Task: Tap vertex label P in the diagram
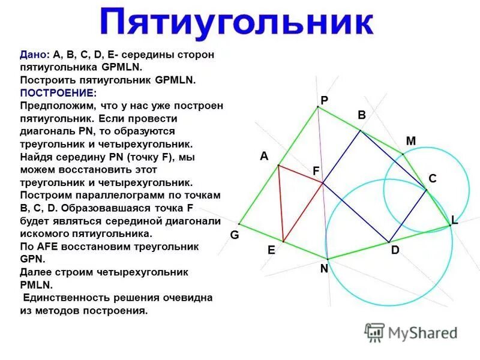pyautogui.click(x=324, y=101)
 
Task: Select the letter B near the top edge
pyautogui.click(x=362, y=115)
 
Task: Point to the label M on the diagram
pyautogui.click(x=410, y=141)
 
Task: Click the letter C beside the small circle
pyautogui.click(x=432, y=179)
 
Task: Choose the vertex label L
pyautogui.click(x=455, y=220)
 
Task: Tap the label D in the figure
pyautogui.click(x=395, y=251)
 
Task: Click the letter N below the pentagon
pyautogui.click(x=324, y=269)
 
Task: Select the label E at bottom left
pyautogui.click(x=271, y=251)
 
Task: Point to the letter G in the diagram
pyautogui.click(x=235, y=236)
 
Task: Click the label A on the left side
pyautogui.click(x=263, y=156)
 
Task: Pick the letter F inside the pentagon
pyautogui.click(x=316, y=171)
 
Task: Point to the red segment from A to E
pyautogui.click(x=281, y=204)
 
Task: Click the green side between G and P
pyautogui.click(x=278, y=166)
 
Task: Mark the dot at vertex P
pyautogui.click(x=317, y=107)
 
